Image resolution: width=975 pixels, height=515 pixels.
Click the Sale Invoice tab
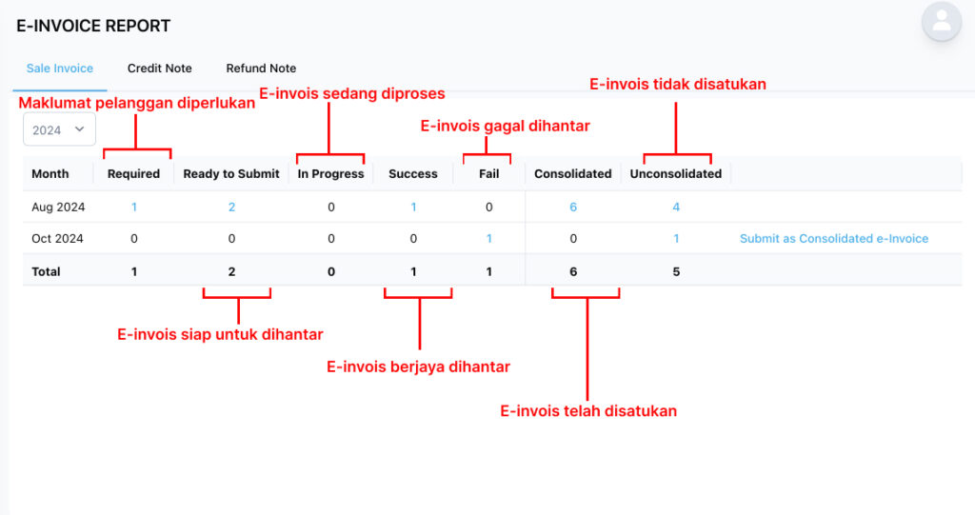coord(60,69)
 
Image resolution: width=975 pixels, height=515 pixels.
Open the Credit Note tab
coord(159,69)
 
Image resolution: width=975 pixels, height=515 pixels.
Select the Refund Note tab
coord(261,69)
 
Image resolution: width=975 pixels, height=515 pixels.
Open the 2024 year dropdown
coord(59,129)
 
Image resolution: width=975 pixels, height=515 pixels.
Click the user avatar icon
coord(942,21)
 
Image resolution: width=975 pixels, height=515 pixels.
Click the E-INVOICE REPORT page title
coord(93,26)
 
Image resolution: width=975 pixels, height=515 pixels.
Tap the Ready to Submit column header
coord(231,174)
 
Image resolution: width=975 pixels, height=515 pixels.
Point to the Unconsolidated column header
coord(676,174)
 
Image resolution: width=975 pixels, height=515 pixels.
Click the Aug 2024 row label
coord(58,208)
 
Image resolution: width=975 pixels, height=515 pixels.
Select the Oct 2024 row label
coord(57,239)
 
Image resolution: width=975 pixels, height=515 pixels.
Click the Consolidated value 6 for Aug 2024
coord(573,208)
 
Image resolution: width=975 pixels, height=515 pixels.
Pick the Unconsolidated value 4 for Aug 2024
coord(676,208)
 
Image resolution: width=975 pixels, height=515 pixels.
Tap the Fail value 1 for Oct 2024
coord(489,239)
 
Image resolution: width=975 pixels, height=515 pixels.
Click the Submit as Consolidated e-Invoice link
coord(834,239)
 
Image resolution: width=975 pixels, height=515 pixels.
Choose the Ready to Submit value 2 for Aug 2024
coord(232,208)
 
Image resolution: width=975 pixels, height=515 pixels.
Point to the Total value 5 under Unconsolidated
coord(676,272)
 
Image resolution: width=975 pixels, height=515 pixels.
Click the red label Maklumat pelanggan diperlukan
coord(137,103)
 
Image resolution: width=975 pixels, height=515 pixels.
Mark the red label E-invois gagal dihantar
coord(505,127)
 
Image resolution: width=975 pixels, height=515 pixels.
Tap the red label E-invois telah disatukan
coord(588,411)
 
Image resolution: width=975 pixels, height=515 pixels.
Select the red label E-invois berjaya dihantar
coord(419,366)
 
